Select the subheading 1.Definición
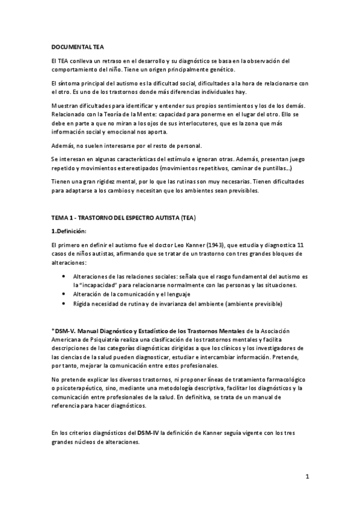point(70,231)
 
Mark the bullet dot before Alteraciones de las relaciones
point(64,276)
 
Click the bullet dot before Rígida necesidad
point(64,304)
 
